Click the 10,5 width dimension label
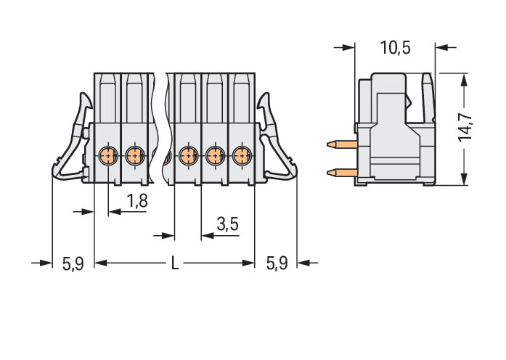(395, 48)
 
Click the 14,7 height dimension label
(465, 128)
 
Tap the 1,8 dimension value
(137, 200)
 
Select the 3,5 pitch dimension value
(228, 224)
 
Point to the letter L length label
(174, 263)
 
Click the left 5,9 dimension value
(73, 263)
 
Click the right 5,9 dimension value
(277, 263)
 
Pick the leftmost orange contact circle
(107, 156)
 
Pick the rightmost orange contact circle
(242, 156)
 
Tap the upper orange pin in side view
(342, 144)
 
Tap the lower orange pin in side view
(342, 173)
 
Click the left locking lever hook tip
(82, 94)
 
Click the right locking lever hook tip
(267, 94)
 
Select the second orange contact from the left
(134, 156)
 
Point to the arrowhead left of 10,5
(348, 48)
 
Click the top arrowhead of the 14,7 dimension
(464, 79)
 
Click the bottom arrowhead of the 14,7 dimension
(464, 179)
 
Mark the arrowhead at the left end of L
(101, 263)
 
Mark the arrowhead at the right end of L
(248, 263)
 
